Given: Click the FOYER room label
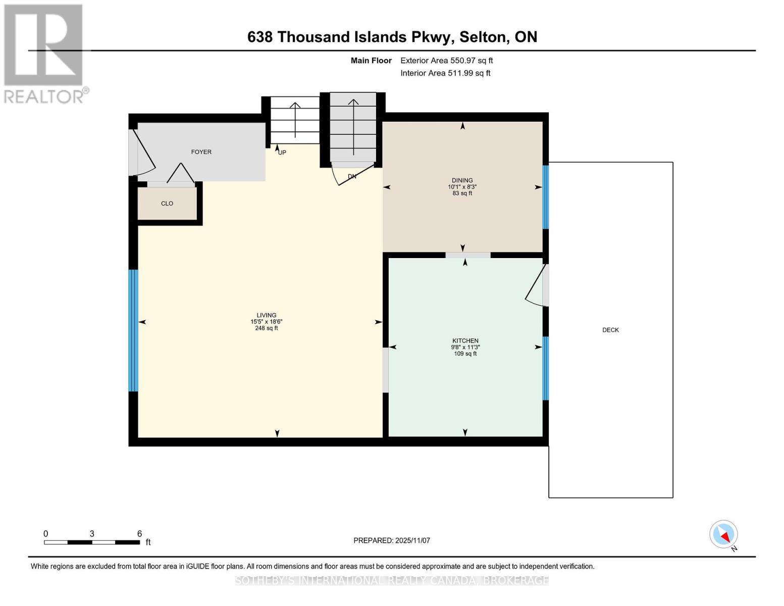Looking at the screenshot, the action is (x=201, y=152).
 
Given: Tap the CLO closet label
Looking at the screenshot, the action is (x=167, y=204).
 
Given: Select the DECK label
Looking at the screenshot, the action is (x=610, y=330).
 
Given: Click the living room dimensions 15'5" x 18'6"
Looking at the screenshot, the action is (x=266, y=322).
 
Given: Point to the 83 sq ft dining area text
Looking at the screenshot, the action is (x=462, y=193).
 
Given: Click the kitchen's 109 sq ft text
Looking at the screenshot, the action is (x=465, y=353).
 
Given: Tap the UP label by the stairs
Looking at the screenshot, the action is (x=282, y=153).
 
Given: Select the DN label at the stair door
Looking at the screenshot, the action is (x=352, y=176).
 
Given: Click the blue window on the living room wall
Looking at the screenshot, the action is (x=133, y=330).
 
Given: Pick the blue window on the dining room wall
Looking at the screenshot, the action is (x=546, y=197).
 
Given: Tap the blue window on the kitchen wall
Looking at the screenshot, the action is (x=546, y=368).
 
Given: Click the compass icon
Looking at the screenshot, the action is (x=723, y=534).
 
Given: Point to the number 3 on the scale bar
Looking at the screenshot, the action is (x=92, y=534).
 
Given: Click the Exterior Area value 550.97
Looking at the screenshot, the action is (x=460, y=61).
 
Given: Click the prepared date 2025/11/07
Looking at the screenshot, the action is (x=412, y=540).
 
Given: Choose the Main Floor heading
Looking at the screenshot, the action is (x=371, y=61).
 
